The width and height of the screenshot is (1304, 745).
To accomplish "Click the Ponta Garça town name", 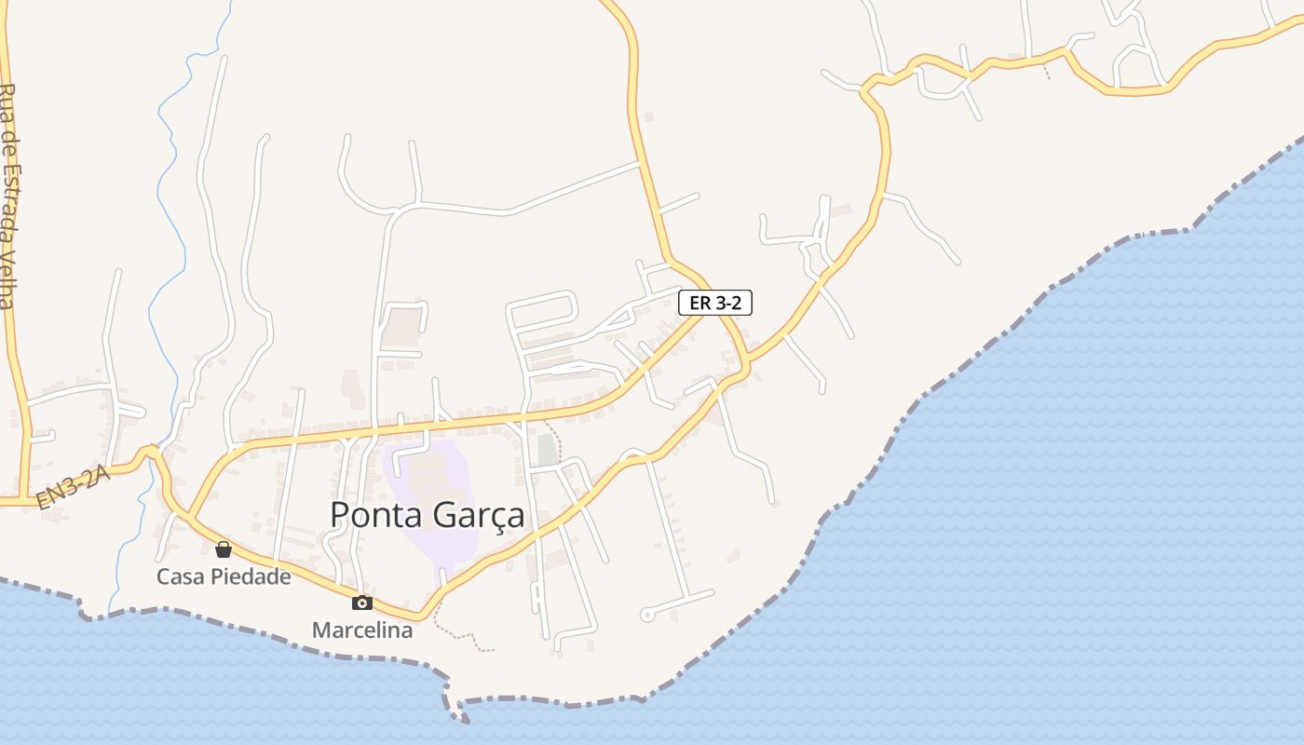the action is point(428,515).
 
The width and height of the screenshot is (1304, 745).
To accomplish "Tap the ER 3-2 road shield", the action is point(714,303).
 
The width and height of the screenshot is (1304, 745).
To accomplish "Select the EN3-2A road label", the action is point(74,489).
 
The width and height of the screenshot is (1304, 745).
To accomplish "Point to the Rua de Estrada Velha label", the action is point(8,196).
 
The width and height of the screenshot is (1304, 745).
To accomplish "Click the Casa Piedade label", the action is point(224,576).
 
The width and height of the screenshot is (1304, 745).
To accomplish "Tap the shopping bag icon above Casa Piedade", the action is point(224,549).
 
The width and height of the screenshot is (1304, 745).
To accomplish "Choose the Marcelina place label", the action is point(362,630).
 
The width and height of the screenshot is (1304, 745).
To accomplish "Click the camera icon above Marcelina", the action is point(362,603).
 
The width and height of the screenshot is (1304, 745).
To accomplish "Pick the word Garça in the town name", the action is point(477,516).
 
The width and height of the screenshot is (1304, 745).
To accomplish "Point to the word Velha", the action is point(8,278).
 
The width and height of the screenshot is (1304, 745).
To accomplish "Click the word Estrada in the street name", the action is point(8,200).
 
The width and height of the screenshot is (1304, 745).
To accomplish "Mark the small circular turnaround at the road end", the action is point(647,615).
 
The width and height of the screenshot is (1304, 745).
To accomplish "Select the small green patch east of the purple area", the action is point(547,449).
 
